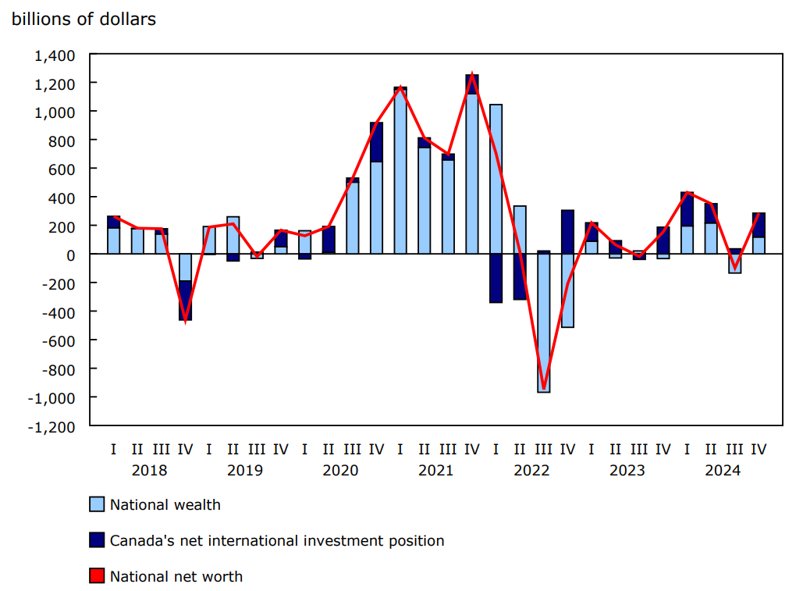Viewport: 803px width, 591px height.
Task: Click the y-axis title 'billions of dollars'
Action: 83,20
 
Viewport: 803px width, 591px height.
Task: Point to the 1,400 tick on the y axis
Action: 54,55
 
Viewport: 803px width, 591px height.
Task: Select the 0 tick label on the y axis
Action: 70,255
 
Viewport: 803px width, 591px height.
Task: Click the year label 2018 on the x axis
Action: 149,470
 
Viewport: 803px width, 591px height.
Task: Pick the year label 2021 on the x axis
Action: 435,470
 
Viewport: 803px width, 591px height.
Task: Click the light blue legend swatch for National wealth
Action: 97,504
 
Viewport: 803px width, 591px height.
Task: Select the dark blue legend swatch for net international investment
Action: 97,540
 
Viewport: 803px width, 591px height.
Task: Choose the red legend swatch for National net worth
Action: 97,577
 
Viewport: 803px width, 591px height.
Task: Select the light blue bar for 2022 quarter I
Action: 496,180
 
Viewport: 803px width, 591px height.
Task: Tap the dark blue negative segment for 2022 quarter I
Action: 496,279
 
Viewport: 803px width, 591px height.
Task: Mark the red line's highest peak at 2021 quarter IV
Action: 472,76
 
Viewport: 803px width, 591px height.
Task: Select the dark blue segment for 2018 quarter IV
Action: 185,301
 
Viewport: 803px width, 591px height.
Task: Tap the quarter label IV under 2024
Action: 758,450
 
